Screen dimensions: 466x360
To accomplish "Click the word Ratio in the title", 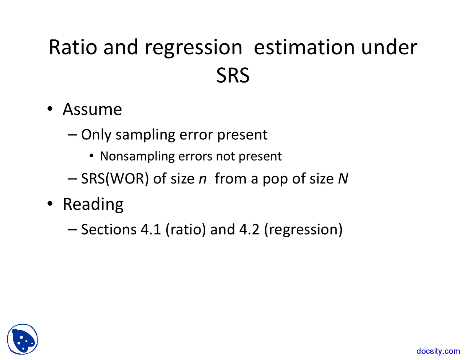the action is pyautogui.click(x=73, y=47).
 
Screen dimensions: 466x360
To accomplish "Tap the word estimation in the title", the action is pyautogui.click(x=304, y=47).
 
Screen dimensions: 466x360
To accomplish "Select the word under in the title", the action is pyautogui.click(x=389, y=47).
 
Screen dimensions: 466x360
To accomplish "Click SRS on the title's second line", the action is pyautogui.click(x=233, y=75).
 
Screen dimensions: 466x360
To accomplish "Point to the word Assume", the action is pyautogui.click(x=92, y=109).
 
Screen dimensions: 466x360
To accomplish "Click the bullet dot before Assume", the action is pyautogui.click(x=50, y=109).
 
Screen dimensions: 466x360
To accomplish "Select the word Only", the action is pyautogui.click(x=96, y=135).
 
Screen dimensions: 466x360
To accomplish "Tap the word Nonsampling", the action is pyautogui.click(x=137, y=156).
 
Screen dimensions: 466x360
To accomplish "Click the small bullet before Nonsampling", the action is pyautogui.click(x=92, y=156).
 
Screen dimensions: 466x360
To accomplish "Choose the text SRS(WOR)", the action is pyautogui.click(x=115, y=179).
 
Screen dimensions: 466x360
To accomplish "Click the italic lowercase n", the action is pyautogui.click(x=202, y=179).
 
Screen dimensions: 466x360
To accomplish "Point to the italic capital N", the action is pyautogui.click(x=343, y=179).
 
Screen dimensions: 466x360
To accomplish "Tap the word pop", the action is pyautogui.click(x=275, y=180).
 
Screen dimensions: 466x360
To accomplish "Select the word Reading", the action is pyautogui.click(x=93, y=204).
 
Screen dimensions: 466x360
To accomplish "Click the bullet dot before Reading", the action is pyautogui.click(x=50, y=203).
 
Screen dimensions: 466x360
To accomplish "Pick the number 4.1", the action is pyautogui.click(x=151, y=229).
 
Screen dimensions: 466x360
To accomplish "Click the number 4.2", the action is pyautogui.click(x=249, y=229).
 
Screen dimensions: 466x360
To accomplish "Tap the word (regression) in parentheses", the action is pyautogui.click(x=304, y=230).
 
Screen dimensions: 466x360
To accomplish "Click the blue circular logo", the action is pyautogui.click(x=23, y=339).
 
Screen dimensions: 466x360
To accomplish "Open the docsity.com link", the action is pyautogui.click(x=438, y=351).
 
